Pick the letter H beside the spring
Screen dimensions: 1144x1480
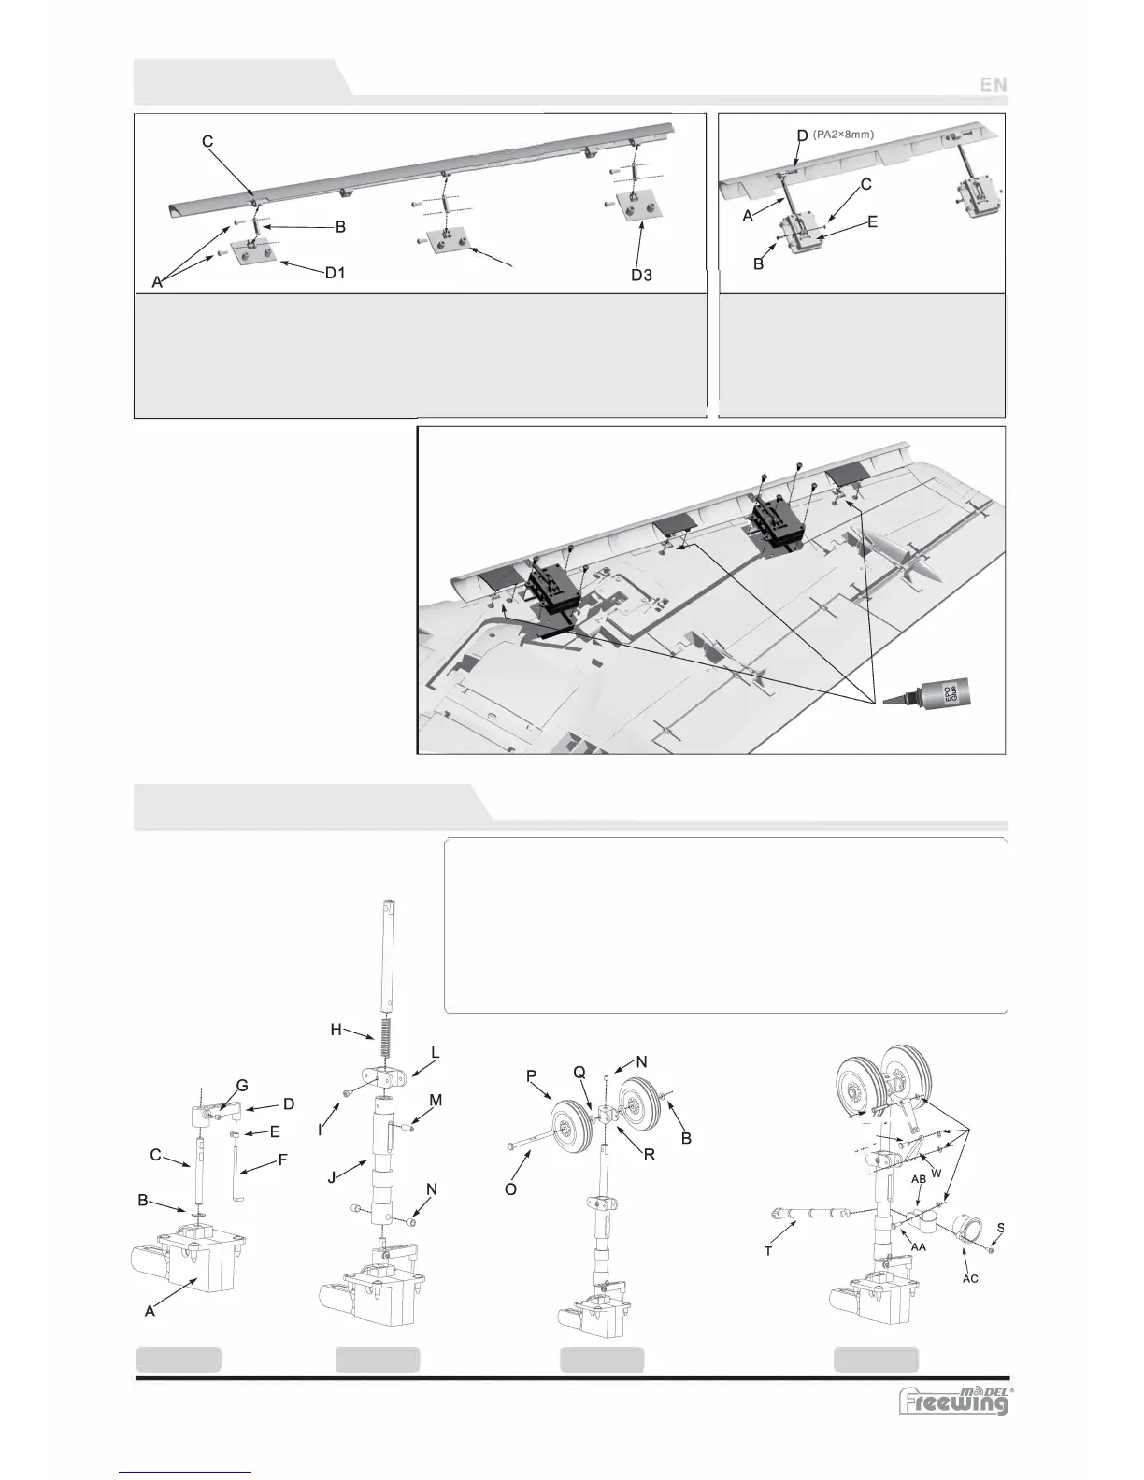(336, 1030)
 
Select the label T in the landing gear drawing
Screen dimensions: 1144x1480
(768, 1250)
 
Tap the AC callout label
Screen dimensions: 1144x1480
(970, 1278)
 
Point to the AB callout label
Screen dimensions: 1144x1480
(920, 1179)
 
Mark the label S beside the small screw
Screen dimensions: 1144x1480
(1001, 1227)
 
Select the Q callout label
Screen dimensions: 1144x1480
(580, 1074)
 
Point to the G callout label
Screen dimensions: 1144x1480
(241, 1085)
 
